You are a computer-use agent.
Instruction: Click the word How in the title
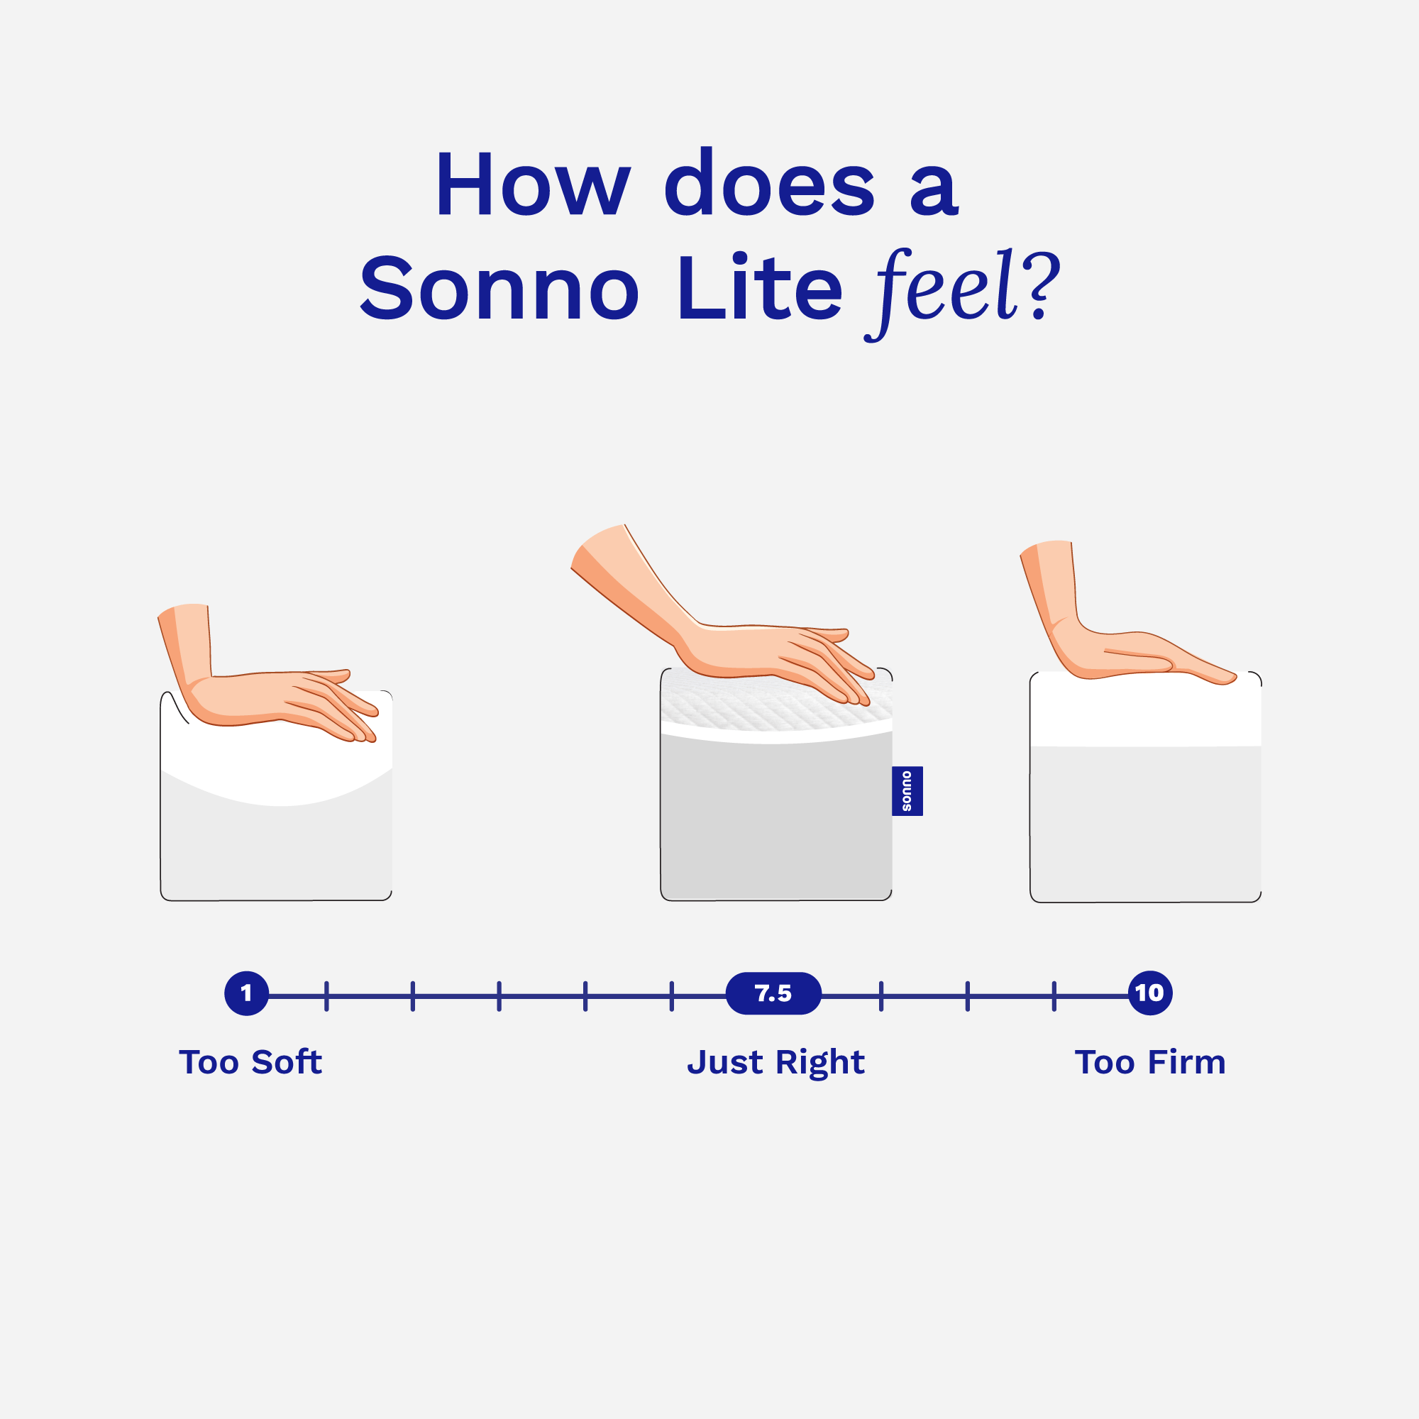(533, 184)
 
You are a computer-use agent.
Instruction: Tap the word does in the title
(769, 184)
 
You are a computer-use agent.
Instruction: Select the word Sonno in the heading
(499, 289)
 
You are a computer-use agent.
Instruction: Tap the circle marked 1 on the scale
(247, 994)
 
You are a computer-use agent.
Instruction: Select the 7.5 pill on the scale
(773, 994)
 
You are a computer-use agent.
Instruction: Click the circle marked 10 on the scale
(1150, 994)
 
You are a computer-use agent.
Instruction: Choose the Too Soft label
(250, 1063)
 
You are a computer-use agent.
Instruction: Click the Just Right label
(775, 1063)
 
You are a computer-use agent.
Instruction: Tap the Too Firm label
(1150, 1063)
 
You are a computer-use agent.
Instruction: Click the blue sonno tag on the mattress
(907, 791)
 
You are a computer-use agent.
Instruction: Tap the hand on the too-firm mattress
(1124, 653)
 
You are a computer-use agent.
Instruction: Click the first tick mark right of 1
(326, 997)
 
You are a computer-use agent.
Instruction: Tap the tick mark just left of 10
(1054, 997)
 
